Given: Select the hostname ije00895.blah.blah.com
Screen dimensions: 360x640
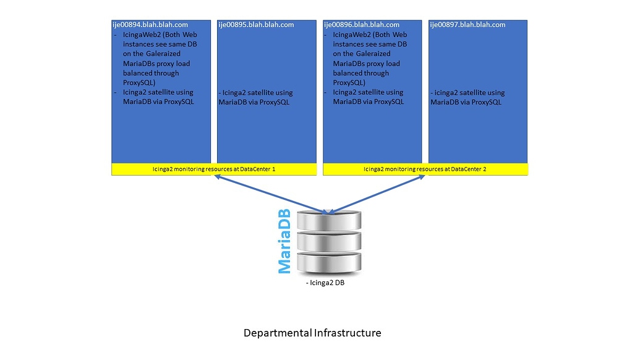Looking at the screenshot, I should click(x=256, y=25).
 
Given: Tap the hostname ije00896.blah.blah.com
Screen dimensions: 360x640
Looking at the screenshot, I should click(x=362, y=25).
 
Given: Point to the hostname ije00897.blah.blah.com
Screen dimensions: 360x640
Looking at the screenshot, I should click(x=467, y=25).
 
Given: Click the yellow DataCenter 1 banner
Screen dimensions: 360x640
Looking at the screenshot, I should click(x=214, y=169).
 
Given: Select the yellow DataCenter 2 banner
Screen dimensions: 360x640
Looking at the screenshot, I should click(x=425, y=169).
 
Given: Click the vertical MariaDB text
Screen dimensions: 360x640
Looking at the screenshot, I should click(x=284, y=241).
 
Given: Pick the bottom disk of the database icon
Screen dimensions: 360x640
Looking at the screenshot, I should click(x=328, y=262).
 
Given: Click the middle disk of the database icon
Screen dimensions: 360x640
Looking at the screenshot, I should click(x=328, y=241).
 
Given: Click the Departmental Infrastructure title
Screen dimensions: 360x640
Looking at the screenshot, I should click(x=312, y=333).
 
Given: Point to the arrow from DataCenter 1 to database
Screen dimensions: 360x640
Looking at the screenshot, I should click(x=269, y=194).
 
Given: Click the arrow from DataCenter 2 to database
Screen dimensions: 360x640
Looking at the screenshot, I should click(x=377, y=194).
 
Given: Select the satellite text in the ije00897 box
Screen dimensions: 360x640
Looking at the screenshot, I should click(x=467, y=98).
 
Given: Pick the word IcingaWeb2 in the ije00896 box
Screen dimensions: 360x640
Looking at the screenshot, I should click(x=351, y=35).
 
